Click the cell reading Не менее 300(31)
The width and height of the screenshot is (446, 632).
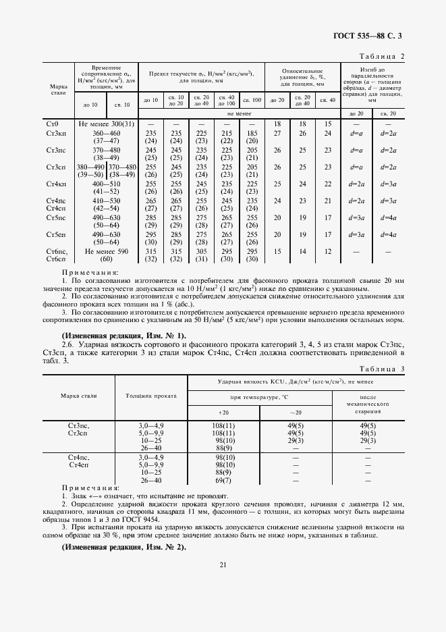[107, 124]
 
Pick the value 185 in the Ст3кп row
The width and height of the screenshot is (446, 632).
[251, 134]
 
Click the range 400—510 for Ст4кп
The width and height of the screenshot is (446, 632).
[107, 184]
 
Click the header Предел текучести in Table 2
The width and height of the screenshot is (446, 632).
[200, 75]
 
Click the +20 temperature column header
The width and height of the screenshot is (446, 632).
[224, 412]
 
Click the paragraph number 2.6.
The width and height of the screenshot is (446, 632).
[68, 345]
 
